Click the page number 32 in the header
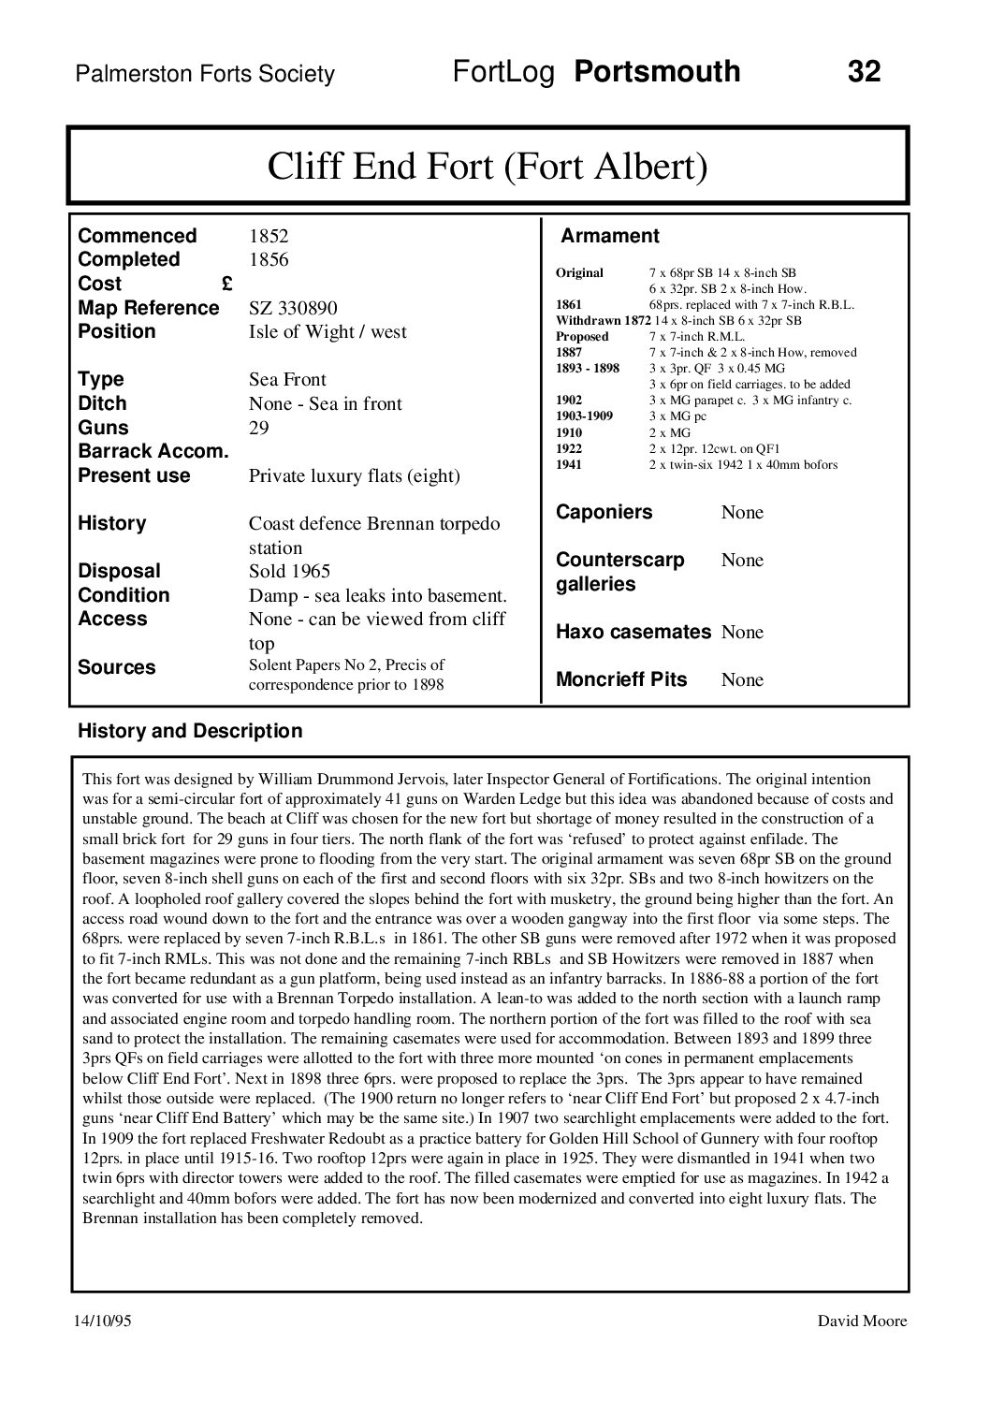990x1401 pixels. [x=864, y=72]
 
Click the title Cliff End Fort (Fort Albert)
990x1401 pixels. [x=488, y=168]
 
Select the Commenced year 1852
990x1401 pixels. [x=269, y=236]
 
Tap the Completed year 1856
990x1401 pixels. [x=269, y=260]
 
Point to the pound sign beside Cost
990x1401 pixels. [x=227, y=285]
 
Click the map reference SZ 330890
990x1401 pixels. [x=293, y=309]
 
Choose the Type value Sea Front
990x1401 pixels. [x=287, y=380]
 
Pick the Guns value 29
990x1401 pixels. [x=259, y=429]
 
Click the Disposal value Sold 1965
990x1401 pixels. [x=289, y=572]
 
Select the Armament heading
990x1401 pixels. [x=609, y=237]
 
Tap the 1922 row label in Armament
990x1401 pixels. [x=569, y=448]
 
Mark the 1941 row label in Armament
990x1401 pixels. [x=569, y=465]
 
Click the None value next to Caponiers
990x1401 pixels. [x=742, y=513]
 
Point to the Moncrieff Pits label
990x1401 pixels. [x=621, y=680]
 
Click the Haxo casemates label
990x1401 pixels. [x=633, y=633]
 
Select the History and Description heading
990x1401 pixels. [x=190, y=731]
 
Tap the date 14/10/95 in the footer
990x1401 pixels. [x=103, y=1321]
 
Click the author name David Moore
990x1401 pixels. [x=862, y=1321]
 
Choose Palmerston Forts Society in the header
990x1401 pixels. [x=205, y=75]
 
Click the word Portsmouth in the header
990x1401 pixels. [x=657, y=72]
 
